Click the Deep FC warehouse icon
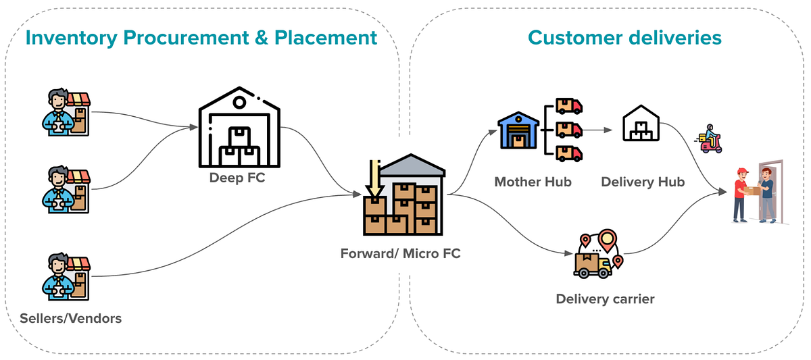click(x=239, y=127)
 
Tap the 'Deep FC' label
click(x=237, y=178)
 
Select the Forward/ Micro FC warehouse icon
click(x=404, y=195)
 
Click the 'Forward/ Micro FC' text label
click(x=400, y=253)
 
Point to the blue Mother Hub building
click(x=518, y=130)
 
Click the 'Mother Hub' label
click(x=533, y=182)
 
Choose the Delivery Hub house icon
click(x=641, y=123)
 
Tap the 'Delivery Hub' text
click(x=643, y=182)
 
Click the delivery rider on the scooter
click(x=708, y=139)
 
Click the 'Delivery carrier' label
click(x=605, y=299)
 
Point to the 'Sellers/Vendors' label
click(x=70, y=318)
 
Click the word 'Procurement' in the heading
click(x=186, y=38)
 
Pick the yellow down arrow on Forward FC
click(x=374, y=179)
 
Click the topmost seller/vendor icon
click(x=66, y=112)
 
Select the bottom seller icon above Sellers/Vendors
click(x=66, y=276)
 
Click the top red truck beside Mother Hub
click(x=569, y=106)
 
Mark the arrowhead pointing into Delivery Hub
click(x=608, y=130)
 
